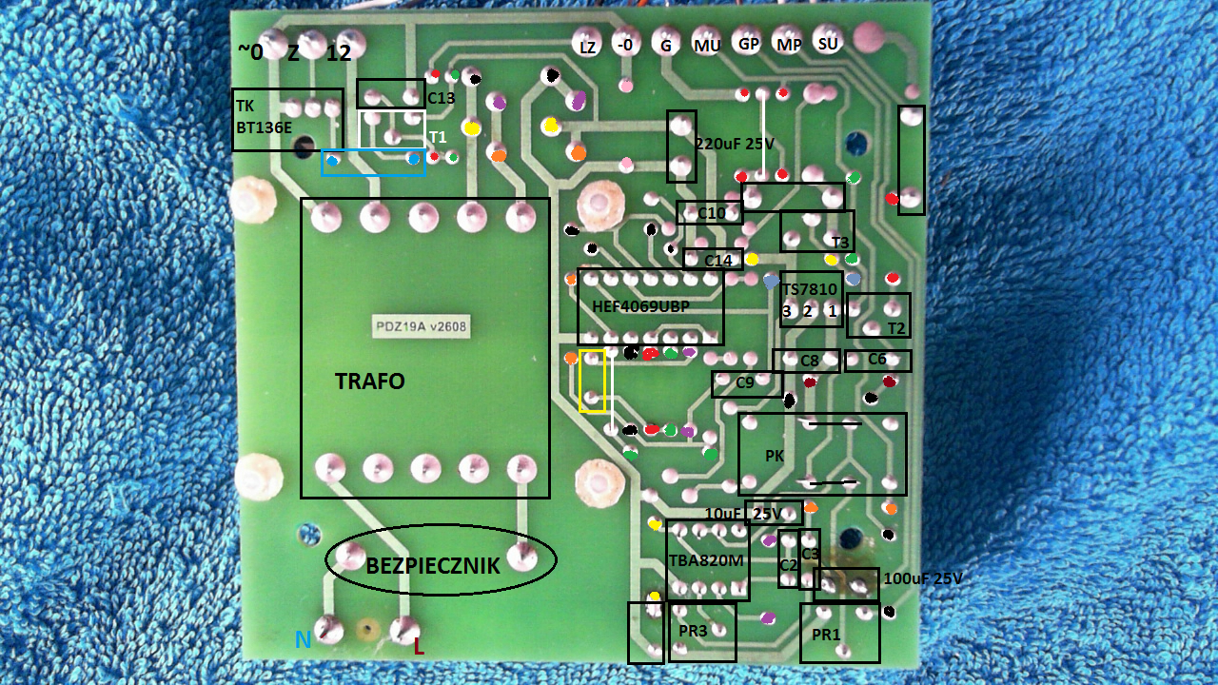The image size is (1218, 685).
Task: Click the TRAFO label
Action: pos(370,382)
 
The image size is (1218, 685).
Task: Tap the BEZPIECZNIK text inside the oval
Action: pos(433,566)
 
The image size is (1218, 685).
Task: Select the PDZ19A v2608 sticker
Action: pos(421,326)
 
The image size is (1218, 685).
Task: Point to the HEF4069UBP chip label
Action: pos(640,306)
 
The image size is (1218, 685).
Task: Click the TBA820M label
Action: pos(706,560)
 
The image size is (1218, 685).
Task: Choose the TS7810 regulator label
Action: pos(810,288)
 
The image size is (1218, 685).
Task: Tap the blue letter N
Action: pos(303,640)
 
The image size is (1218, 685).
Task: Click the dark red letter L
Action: pos(418,647)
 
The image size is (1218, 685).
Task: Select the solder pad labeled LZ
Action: pos(588,44)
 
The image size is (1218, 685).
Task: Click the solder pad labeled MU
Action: pos(707,43)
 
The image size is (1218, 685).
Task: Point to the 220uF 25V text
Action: pos(734,144)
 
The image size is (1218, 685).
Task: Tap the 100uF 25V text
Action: pos(923,578)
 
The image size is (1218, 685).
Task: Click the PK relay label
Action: pos(775,456)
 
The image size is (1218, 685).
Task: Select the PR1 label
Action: pos(826,635)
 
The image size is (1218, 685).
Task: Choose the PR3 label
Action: pos(693,631)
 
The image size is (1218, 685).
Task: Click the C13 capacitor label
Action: pos(441,98)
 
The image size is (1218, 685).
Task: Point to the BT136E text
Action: pos(265,127)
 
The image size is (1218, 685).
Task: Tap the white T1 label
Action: pos(438,136)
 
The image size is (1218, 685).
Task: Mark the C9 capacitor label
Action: pos(744,382)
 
